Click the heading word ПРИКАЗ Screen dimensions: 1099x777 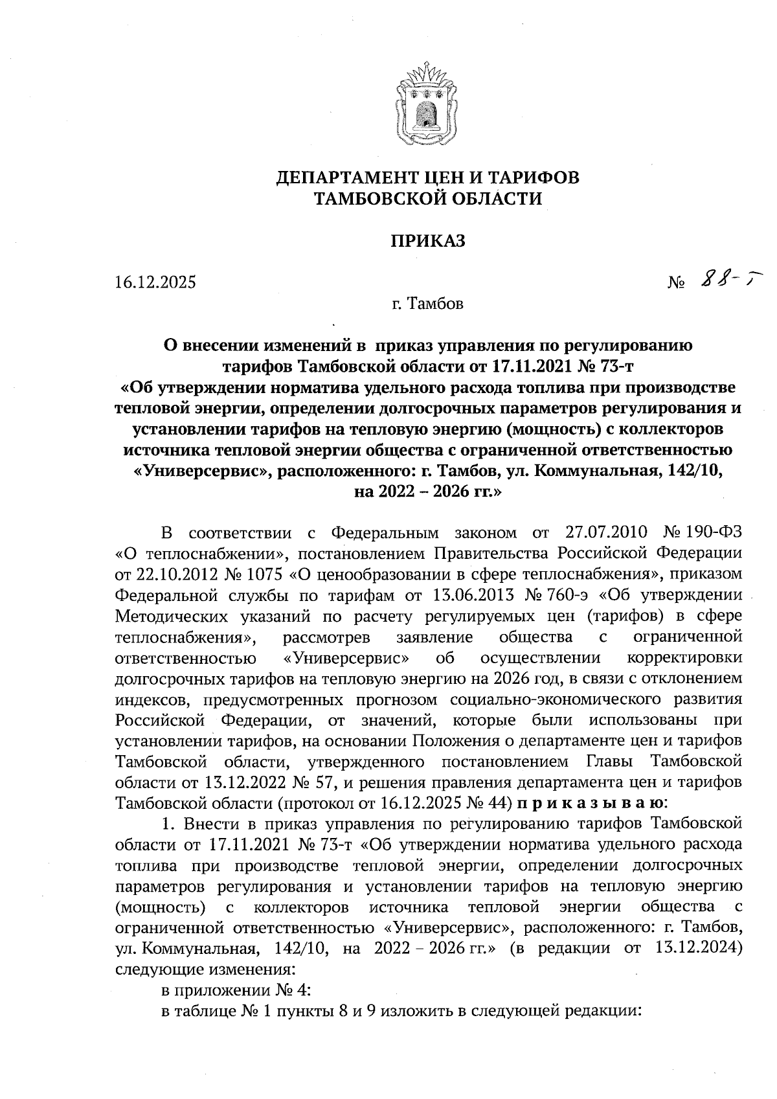(427, 242)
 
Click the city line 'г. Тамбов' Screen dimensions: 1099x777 (427, 303)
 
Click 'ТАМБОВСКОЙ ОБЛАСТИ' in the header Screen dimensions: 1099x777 (427, 199)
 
